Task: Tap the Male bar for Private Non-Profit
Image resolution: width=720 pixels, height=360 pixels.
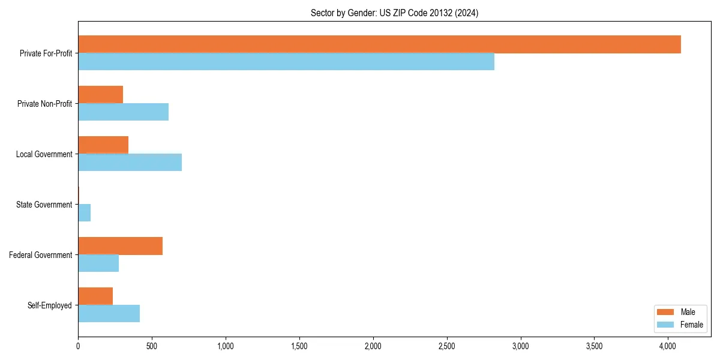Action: coord(100,95)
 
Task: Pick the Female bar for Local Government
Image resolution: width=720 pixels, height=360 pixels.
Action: coord(130,163)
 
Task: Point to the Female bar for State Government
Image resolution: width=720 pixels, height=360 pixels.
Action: coord(84,213)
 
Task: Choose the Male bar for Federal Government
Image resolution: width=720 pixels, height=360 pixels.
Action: coord(120,246)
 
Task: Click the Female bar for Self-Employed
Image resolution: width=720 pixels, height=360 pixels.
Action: coord(109,314)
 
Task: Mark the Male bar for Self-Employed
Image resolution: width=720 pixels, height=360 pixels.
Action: coord(95,296)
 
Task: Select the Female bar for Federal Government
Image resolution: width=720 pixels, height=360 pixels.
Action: coord(98,263)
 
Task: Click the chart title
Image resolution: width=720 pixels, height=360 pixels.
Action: coord(394,13)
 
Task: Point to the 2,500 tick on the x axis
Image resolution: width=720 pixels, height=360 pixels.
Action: coord(447,346)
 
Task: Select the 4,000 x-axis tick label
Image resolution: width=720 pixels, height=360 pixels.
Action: coord(668,346)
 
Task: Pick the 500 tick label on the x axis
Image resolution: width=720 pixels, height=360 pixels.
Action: coord(152,346)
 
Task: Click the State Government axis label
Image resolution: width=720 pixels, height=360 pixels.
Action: coord(44,205)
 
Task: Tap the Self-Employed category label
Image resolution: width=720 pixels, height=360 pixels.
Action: coord(50,305)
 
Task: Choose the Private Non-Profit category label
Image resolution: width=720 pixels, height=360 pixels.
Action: coord(44,104)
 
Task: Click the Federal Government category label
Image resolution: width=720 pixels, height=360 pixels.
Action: coord(41,255)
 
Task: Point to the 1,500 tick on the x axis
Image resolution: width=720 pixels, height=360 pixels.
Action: coord(299,346)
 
